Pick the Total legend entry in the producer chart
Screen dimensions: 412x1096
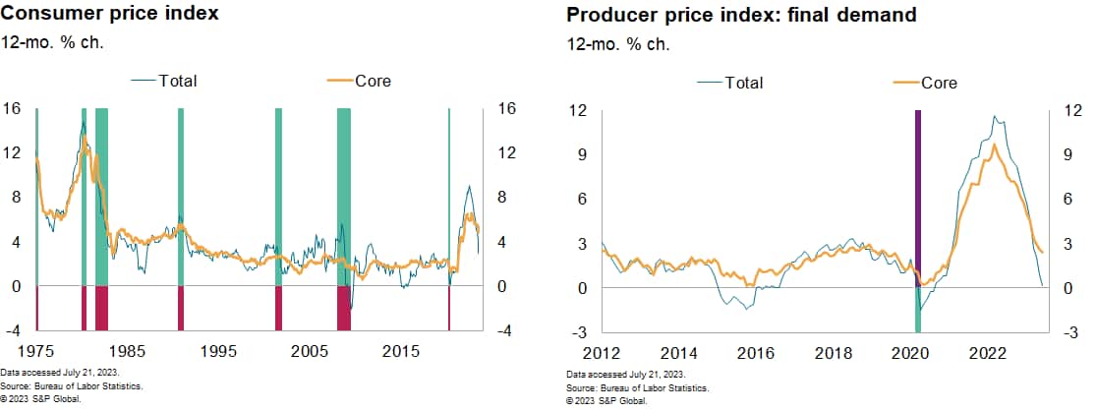click(x=744, y=83)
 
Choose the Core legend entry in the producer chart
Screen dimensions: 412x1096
click(x=938, y=83)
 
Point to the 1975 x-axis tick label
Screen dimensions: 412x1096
click(x=36, y=351)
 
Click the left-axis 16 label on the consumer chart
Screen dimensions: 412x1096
click(x=14, y=109)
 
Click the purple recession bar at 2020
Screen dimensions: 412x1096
click(x=918, y=197)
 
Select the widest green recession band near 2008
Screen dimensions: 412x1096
click(x=344, y=197)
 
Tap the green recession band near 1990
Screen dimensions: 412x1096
click(x=181, y=197)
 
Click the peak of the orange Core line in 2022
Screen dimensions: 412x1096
click(x=995, y=146)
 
